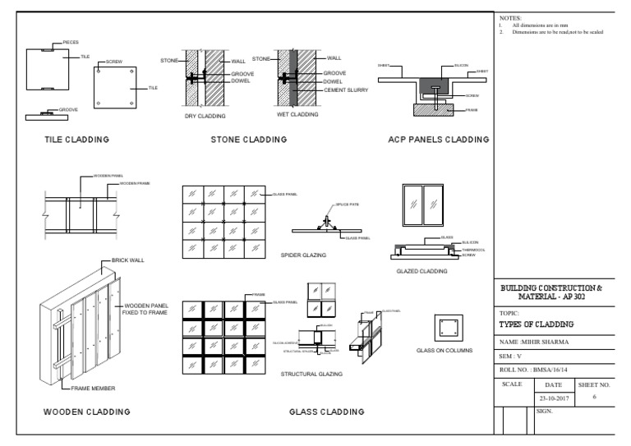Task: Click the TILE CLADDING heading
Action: [x=76, y=140]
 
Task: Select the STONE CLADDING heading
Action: [x=248, y=140]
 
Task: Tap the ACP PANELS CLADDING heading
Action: [x=438, y=140]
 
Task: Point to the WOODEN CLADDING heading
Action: [x=86, y=411]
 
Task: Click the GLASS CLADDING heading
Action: [x=327, y=411]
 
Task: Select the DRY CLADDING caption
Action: [x=205, y=117]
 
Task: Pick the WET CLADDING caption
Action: [x=297, y=115]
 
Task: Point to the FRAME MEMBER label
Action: [x=93, y=388]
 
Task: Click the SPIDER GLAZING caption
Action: [x=303, y=255]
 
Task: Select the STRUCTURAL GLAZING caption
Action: [x=311, y=374]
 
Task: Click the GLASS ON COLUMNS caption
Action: [x=445, y=351]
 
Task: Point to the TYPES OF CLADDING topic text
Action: [x=539, y=325]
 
